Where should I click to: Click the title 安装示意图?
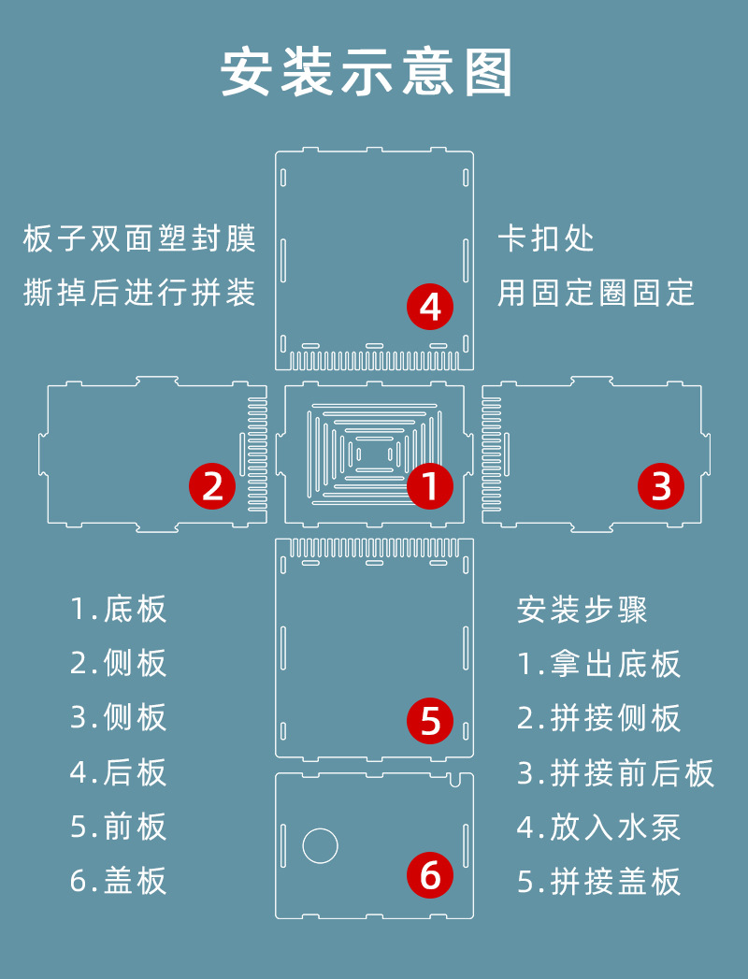(367, 72)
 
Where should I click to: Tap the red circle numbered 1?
(430, 486)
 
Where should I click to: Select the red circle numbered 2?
(212, 486)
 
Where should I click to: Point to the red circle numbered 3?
(661, 486)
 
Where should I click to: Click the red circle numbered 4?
(430, 307)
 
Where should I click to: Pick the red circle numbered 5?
(430, 721)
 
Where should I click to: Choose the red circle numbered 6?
(430, 875)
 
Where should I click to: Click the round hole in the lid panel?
(320, 845)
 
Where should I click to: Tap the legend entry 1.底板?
(119, 609)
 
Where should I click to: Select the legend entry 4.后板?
(119, 772)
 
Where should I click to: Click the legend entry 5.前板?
(119, 827)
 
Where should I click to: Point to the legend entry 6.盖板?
(119, 881)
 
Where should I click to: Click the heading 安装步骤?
(582, 610)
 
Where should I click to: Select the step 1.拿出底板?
(599, 664)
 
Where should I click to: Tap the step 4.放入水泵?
(599, 827)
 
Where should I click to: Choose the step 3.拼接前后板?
(616, 773)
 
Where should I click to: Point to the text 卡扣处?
(546, 238)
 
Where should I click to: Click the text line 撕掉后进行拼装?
(139, 293)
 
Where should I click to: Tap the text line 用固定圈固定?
(597, 293)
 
